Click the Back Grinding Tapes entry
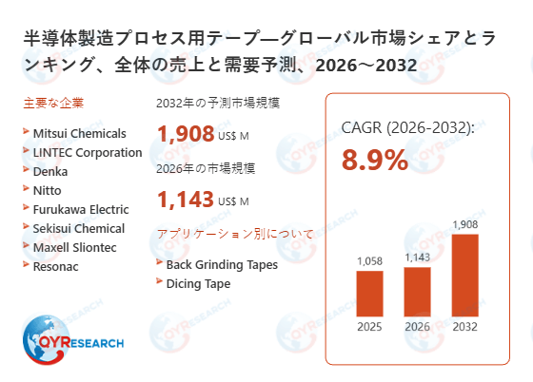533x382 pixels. coord(222,264)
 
